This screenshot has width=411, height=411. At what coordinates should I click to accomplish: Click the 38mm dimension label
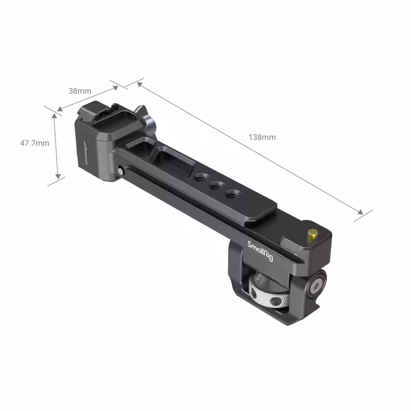80,91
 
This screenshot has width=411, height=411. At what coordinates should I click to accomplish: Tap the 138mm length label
262,137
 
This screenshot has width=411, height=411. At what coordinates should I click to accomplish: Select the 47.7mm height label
34,143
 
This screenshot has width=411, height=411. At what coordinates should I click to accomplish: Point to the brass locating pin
313,235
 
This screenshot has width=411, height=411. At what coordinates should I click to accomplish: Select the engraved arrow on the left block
85,152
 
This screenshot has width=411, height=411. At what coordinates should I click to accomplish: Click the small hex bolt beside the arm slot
119,169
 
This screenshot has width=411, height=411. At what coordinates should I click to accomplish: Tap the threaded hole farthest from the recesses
234,194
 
